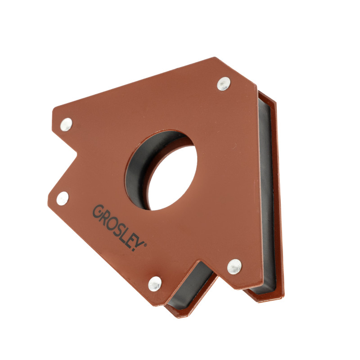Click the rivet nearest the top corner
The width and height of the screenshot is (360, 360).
point(224,84)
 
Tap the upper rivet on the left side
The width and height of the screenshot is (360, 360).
point(66,125)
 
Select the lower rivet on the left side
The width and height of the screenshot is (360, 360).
point(63,198)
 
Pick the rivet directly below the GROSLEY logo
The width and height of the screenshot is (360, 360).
point(155,284)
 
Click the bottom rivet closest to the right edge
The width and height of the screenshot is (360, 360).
point(234,266)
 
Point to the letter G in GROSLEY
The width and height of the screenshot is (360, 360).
point(97,211)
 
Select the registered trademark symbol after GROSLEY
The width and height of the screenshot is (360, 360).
point(145,245)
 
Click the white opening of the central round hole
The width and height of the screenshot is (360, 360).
point(173,178)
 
